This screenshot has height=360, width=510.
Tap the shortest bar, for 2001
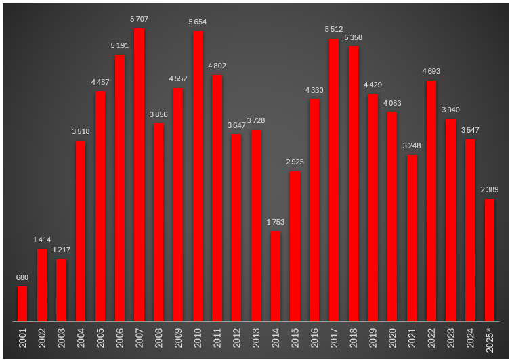click(22, 304)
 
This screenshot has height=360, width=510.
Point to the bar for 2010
click(198, 176)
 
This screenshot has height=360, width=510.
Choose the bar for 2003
click(62, 290)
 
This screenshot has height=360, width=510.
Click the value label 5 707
click(140, 19)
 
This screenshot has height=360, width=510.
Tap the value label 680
click(22, 277)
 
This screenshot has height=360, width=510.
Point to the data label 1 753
click(275, 222)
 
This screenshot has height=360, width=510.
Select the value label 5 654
click(198, 22)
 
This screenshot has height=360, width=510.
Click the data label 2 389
click(489, 189)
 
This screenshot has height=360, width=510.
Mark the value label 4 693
click(431, 72)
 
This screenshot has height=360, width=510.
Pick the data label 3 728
click(256, 120)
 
